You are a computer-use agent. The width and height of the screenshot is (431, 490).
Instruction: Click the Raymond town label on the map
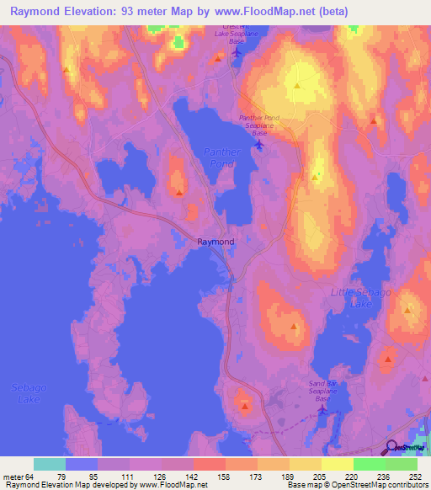pos(215,242)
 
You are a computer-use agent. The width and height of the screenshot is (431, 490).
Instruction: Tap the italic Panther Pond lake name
pos(223,158)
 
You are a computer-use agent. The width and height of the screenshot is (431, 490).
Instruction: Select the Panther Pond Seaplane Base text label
pos(258,125)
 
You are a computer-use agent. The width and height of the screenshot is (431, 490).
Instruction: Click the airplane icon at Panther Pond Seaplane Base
pos(258,145)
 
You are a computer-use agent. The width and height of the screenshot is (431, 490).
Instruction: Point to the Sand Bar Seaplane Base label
pos(324,391)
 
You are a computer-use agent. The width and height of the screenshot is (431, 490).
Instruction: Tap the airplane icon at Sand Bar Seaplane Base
pos(321,410)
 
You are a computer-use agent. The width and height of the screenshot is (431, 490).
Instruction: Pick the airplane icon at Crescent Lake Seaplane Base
pos(236,53)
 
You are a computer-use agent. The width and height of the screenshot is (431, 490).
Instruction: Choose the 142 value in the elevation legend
pos(178,477)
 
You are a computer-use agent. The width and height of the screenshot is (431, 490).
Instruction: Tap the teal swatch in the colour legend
pos(49,464)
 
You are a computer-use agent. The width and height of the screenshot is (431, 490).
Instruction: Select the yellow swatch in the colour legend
pos(337,464)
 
